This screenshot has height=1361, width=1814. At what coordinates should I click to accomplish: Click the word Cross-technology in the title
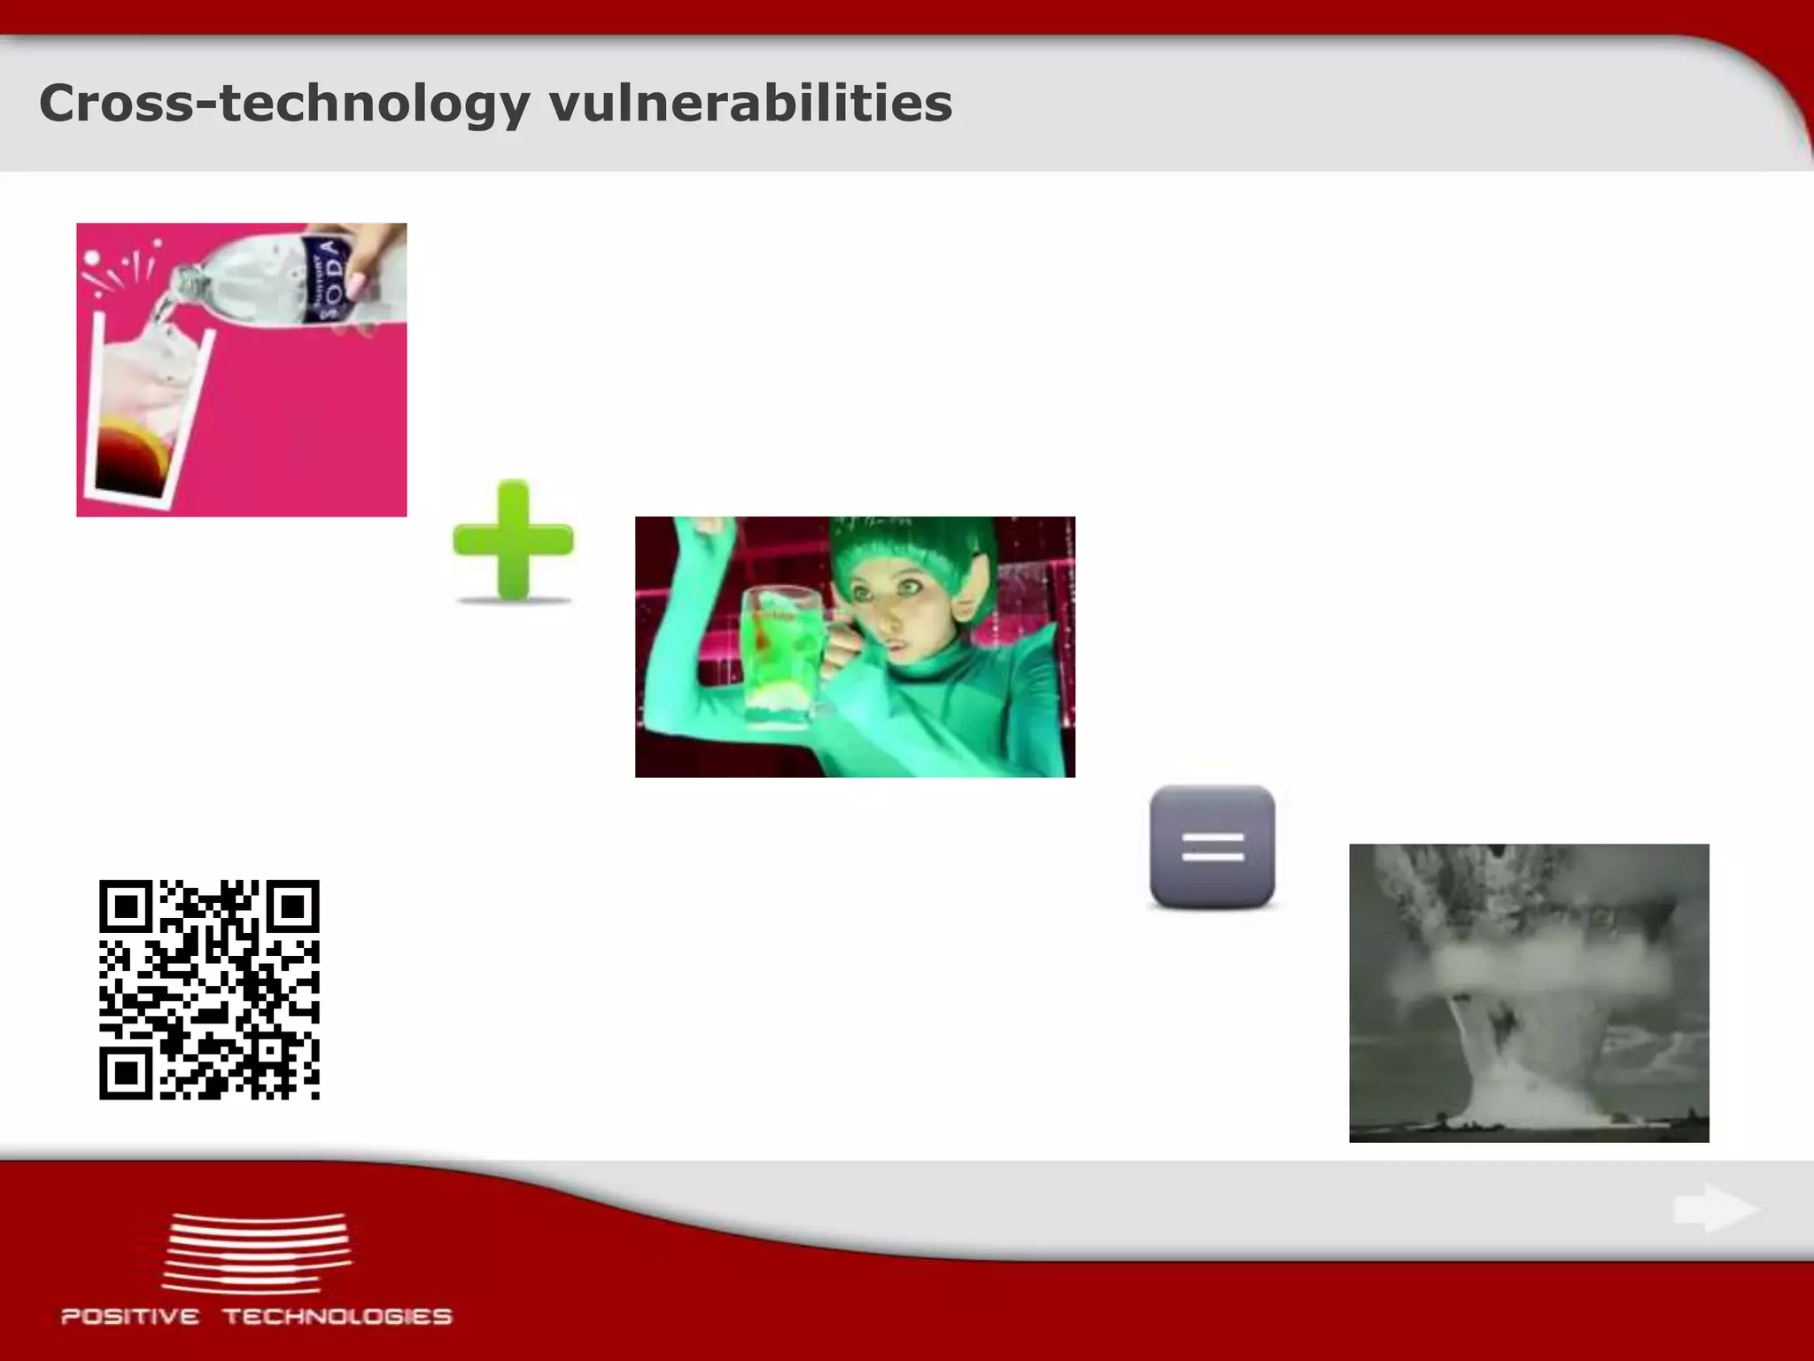tap(283, 105)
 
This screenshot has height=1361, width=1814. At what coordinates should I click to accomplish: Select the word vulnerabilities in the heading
tap(750, 105)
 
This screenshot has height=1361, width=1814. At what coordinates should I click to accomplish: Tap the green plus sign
tap(513, 541)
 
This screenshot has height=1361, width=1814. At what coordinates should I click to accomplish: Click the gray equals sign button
tap(1213, 847)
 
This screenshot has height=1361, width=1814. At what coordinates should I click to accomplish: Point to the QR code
tap(209, 990)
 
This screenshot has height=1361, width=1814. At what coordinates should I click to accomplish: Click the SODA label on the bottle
tap(325, 279)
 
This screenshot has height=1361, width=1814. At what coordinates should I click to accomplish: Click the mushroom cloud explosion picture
tap(1529, 992)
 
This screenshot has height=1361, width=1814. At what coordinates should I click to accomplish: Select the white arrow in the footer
tap(1715, 1208)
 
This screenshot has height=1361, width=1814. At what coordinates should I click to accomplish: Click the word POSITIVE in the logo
tap(130, 1316)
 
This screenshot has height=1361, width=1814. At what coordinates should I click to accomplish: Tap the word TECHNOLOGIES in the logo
tap(337, 1316)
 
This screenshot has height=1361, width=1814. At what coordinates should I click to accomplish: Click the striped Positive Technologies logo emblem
tap(257, 1253)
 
